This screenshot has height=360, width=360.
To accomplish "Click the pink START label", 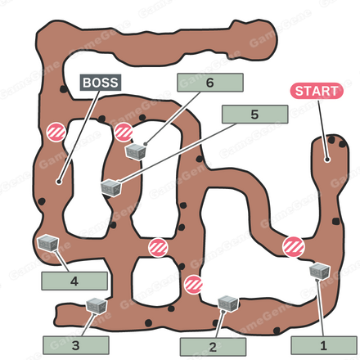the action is click(x=317, y=91).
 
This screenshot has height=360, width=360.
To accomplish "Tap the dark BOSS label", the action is click(x=101, y=83).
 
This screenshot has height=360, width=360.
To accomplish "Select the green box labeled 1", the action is click(x=324, y=345).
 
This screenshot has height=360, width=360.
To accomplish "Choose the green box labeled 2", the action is click(x=213, y=347).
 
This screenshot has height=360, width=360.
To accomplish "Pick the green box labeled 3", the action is click(x=76, y=345).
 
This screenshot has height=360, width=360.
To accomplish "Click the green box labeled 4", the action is click(x=74, y=281).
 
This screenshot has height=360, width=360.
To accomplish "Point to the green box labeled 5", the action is click(x=254, y=115).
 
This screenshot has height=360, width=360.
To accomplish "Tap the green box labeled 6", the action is click(x=210, y=83).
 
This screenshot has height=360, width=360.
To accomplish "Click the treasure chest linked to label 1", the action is click(x=319, y=271).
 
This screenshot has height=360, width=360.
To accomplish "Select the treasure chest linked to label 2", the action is click(x=228, y=304).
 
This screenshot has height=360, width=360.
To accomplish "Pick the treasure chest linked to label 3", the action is click(x=97, y=305).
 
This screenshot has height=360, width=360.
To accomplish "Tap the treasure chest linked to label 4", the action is click(x=48, y=242).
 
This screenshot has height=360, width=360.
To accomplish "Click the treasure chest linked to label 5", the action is click(x=111, y=188).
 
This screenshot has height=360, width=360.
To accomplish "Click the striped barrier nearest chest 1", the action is click(x=294, y=247).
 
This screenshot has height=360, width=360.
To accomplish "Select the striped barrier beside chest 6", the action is click(x=124, y=133).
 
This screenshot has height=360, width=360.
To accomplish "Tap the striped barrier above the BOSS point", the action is click(x=56, y=133).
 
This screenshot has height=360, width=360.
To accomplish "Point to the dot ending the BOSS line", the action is click(x=59, y=182).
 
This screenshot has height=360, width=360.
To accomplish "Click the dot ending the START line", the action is click(x=327, y=160).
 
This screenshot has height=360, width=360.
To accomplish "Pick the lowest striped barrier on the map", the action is click(x=193, y=285).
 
